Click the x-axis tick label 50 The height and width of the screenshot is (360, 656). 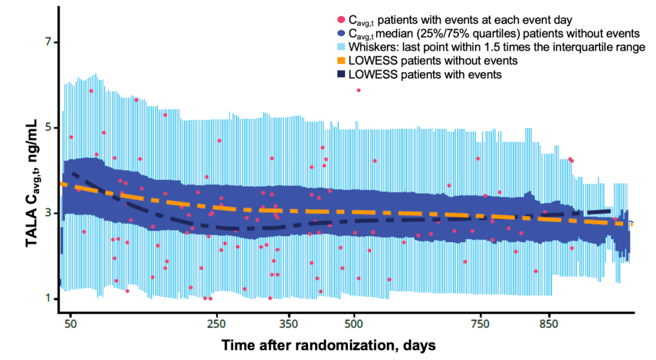point(70,323)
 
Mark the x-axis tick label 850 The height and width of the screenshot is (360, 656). point(548,323)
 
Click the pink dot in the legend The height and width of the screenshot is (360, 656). point(341,20)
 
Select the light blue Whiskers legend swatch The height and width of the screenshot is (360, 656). point(341,47)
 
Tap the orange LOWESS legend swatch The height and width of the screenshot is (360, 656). point(341,61)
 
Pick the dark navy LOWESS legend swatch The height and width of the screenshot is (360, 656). point(341,74)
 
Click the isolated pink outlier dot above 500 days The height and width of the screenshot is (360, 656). point(358,90)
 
